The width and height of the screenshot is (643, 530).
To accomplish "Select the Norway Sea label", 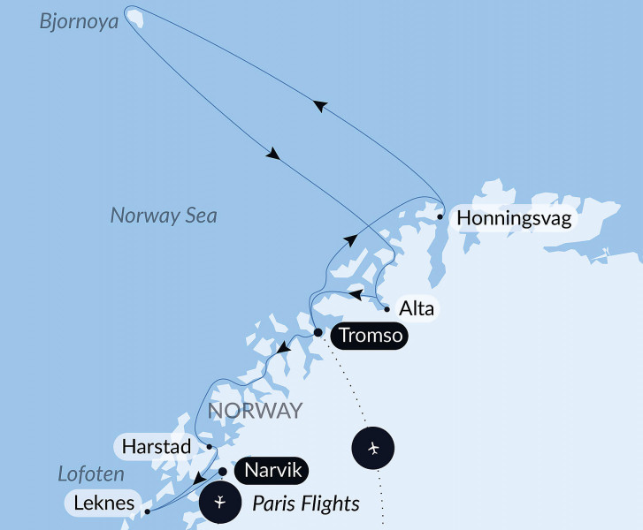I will pos(164,216).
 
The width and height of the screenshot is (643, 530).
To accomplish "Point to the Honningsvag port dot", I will pos(440,216).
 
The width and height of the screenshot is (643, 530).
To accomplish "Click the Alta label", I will pos(417,309).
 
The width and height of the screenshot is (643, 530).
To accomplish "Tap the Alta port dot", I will pos(387,309).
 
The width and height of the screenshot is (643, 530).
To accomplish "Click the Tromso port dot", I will pos(318,333).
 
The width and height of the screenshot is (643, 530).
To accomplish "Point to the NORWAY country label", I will pos(255,411).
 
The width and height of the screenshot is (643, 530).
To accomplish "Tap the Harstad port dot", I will pos(209,446).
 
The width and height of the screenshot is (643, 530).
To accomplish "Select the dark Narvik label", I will pos(272,471).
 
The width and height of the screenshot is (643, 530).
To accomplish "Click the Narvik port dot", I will pos(223,471).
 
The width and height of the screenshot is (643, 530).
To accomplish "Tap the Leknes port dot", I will pos(147,511).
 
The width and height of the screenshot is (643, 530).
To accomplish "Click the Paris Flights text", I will pos(306,504).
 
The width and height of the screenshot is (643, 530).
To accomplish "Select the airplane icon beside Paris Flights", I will pos(220,504).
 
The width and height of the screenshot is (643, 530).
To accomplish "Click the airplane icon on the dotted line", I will pos(372,449).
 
